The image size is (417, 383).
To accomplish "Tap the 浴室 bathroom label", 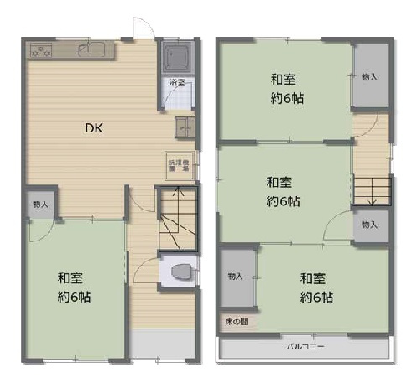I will click(177, 82).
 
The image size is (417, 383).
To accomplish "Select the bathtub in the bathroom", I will click(178, 58).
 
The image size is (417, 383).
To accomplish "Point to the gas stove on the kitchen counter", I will click(41, 49).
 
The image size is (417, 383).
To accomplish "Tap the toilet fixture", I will click(180, 272).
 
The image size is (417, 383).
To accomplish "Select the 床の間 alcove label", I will click(236, 321).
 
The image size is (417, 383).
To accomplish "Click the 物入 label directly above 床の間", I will click(235, 276).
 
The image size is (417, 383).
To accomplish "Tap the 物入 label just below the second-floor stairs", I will click(369, 225).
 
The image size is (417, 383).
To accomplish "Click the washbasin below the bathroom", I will click(185, 127).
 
